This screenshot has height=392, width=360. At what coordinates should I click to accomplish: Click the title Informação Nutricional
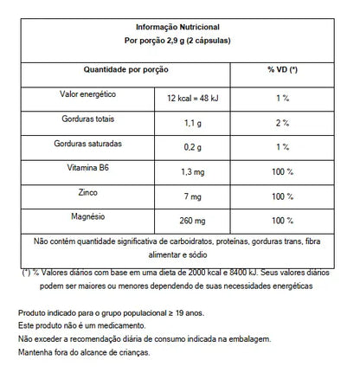179,26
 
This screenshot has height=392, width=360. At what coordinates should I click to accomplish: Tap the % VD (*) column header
282,67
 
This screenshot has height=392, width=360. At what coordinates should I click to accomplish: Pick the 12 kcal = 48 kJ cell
194,98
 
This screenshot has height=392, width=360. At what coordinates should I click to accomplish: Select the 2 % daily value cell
281,123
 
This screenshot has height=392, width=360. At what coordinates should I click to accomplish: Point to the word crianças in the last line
131,351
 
